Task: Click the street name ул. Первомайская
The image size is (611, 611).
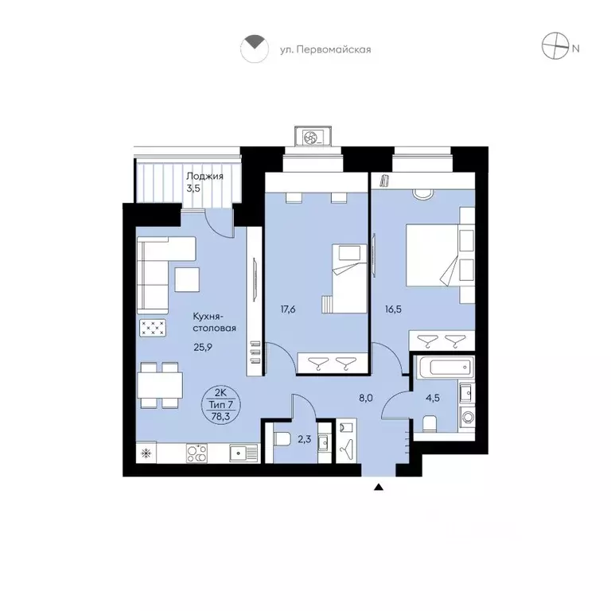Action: [x=325, y=50]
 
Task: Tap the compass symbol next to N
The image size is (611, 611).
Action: [x=555, y=46]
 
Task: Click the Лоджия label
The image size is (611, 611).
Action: [x=204, y=176]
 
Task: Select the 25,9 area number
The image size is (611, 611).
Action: [x=203, y=347]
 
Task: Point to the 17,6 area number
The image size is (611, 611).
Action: [x=288, y=309]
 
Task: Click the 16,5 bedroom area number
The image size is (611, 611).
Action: [x=393, y=309]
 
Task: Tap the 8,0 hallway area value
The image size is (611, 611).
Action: [x=366, y=398]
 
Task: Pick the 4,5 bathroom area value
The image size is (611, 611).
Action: [x=433, y=398]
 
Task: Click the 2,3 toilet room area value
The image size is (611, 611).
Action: [x=305, y=439]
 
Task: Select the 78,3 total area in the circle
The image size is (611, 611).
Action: [x=221, y=416]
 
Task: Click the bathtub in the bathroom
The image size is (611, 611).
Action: [x=444, y=368]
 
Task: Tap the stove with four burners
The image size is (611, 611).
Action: [x=197, y=453]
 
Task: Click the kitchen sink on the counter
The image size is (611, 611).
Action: [x=243, y=453]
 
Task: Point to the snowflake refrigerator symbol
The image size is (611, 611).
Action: [x=146, y=453]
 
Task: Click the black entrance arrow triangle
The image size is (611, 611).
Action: [x=379, y=487]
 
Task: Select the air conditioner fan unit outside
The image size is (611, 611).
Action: [x=313, y=137]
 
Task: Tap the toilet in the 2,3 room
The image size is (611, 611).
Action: [x=281, y=439]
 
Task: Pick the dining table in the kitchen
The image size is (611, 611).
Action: [x=160, y=385]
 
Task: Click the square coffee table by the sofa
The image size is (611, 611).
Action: [x=187, y=280]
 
